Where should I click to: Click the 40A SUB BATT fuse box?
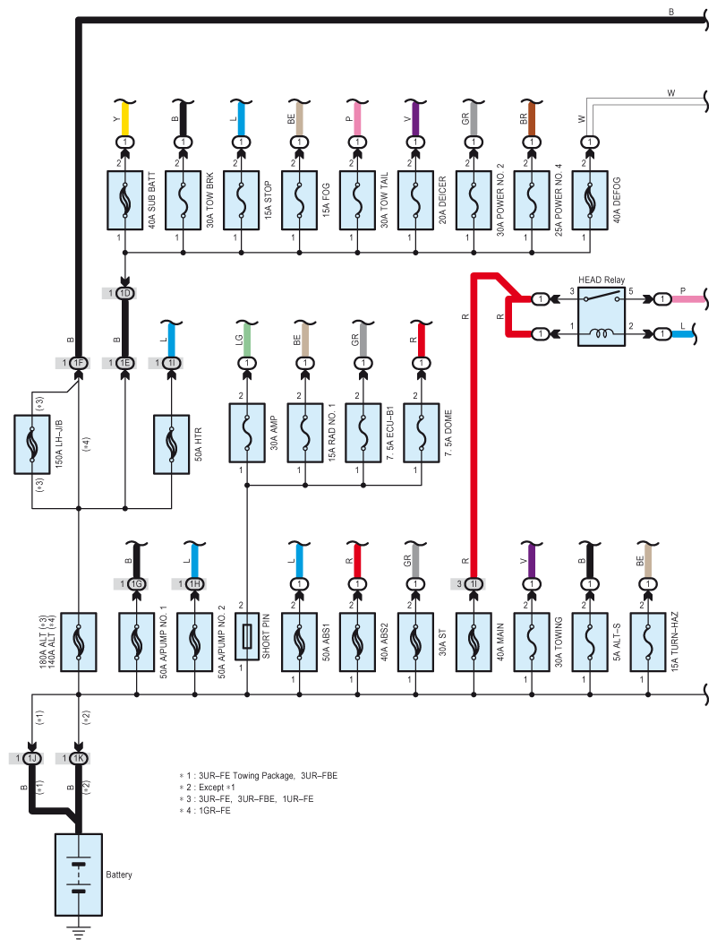tap(125, 200)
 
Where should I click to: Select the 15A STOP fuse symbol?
tap(241, 200)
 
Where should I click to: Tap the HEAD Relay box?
tap(602, 316)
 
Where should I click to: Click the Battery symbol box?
tap(79, 875)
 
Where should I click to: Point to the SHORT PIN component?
tap(247, 637)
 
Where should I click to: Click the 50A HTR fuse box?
tap(172, 444)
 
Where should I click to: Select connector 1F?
tap(78, 363)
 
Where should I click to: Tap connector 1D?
tap(125, 293)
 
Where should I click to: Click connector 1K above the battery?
tap(79, 758)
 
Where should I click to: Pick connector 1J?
tap(32, 758)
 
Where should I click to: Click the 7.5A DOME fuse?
tap(421, 433)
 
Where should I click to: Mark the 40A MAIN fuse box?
tap(474, 642)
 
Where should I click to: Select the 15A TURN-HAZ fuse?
tap(648, 642)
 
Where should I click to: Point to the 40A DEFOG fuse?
tap(590, 200)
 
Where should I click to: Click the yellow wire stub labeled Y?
tap(125, 118)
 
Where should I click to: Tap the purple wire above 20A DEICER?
tap(415, 118)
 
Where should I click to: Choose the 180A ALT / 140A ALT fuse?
tap(79, 642)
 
